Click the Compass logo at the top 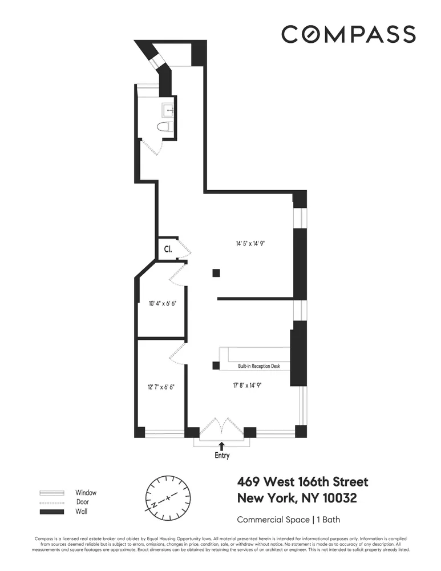[348, 34]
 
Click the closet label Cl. [168, 249]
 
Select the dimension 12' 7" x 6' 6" [160, 387]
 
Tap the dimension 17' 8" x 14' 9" [246, 385]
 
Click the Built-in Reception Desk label [260, 366]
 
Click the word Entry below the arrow [222, 456]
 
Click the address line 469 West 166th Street [302, 482]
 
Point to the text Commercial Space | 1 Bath [289, 520]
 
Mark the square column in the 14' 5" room [216, 273]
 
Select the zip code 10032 [338, 498]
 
